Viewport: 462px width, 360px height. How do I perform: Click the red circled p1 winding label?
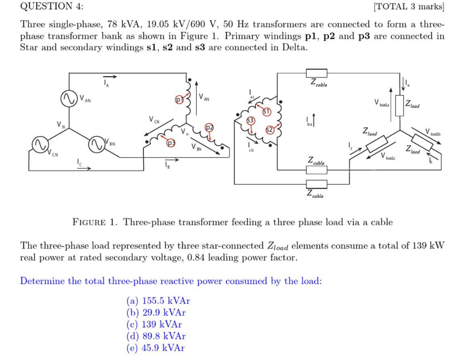179,99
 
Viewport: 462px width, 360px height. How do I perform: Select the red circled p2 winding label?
209,128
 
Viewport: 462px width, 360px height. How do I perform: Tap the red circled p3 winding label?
172,142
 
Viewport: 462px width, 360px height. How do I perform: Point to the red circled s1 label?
267,111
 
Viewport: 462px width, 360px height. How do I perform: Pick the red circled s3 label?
251,120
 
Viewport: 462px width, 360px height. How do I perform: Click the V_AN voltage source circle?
68,98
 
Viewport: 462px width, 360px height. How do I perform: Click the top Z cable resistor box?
317,73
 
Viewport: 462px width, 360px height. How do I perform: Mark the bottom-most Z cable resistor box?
317,184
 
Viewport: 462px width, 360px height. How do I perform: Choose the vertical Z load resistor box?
400,106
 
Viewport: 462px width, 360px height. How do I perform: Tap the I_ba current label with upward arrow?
311,121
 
